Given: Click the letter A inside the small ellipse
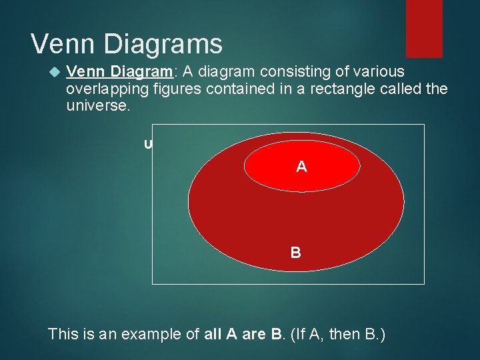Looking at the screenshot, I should [302, 167].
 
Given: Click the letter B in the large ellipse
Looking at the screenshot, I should [295, 253].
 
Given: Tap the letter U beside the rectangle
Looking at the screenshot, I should [148, 144].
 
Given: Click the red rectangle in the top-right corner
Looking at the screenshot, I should [424, 28].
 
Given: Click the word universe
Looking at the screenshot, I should [95, 106].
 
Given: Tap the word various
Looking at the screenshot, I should [379, 72].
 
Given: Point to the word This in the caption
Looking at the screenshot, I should [63, 333].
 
